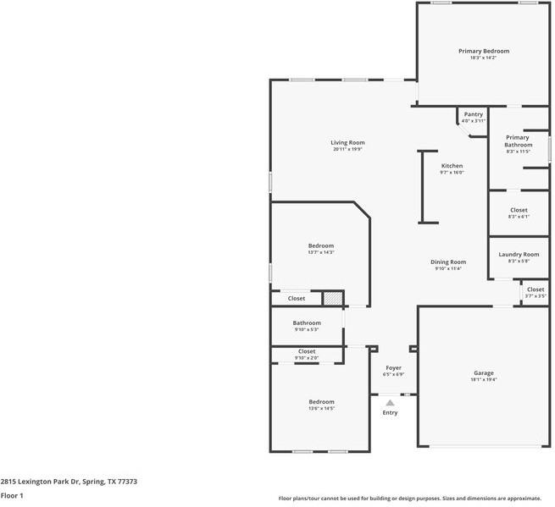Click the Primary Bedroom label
[484, 51]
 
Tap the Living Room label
[347, 142]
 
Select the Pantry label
[473, 114]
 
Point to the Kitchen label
[452, 165]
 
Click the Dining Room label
[447, 262]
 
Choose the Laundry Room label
[519, 254]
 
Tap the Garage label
[483, 372]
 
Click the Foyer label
[393, 367]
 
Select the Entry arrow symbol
[390, 403]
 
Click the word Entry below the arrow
[390, 412]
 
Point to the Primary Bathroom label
[518, 141]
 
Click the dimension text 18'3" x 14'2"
[484, 58]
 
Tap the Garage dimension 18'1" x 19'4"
[483, 379]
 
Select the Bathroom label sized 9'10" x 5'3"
[307, 322]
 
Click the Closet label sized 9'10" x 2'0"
[307, 351]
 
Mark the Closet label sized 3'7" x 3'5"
[536, 289]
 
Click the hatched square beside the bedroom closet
[333, 298]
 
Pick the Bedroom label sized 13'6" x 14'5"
[321, 401]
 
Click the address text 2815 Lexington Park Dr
[39, 480]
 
